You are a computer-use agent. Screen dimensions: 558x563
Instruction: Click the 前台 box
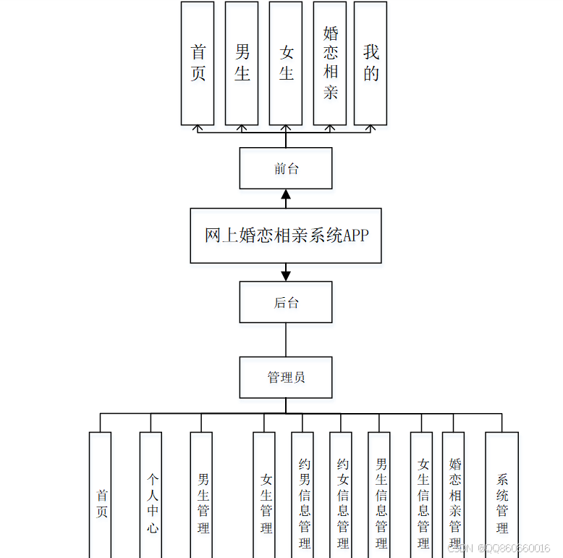click(x=286, y=169)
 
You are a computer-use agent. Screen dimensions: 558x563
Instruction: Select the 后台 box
click(x=286, y=302)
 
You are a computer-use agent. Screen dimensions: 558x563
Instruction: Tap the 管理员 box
click(x=286, y=377)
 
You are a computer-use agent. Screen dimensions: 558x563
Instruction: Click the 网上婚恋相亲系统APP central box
click(x=286, y=236)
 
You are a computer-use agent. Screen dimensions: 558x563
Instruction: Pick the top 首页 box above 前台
click(x=198, y=63)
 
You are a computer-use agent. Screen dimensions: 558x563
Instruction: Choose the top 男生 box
click(x=242, y=63)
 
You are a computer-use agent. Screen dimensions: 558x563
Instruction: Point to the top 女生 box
click(x=286, y=63)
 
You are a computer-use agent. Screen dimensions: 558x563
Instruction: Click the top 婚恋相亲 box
click(x=330, y=63)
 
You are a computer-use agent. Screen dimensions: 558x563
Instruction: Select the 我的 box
click(x=371, y=63)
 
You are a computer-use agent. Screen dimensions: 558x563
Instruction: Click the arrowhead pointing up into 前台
click(x=286, y=195)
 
